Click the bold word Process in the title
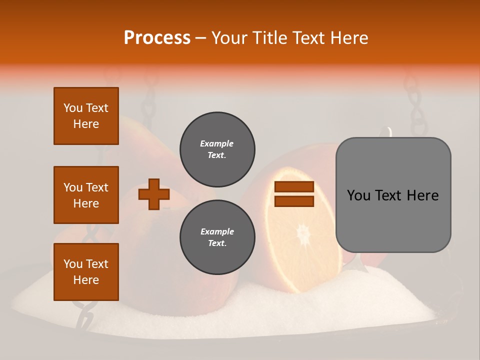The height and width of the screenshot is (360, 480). [x=157, y=38]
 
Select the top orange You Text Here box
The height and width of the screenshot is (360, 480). [x=86, y=116]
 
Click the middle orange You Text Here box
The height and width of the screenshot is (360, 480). [x=86, y=195]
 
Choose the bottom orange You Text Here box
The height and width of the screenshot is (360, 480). [x=86, y=272]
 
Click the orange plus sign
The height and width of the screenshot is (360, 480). [x=154, y=194]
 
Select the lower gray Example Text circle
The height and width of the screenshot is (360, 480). [x=217, y=237]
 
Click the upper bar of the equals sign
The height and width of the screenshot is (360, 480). [x=294, y=187]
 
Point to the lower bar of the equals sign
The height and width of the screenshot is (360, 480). [x=294, y=201]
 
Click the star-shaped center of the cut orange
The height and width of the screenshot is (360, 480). [x=303, y=233]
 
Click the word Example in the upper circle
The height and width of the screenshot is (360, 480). [x=217, y=143]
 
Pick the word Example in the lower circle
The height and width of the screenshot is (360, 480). [x=217, y=231]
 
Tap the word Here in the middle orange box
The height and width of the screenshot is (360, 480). [x=86, y=203]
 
